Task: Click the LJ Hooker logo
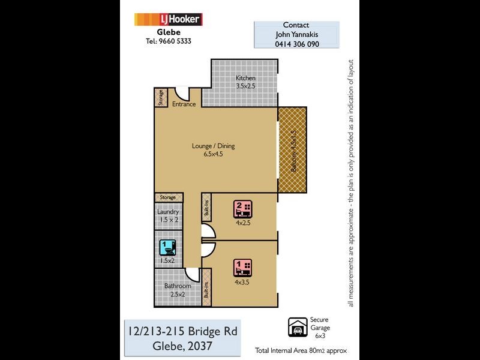[169, 19]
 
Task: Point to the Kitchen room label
[245, 79]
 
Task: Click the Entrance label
[184, 104]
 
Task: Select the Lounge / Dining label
[213, 146]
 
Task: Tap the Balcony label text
[293, 151]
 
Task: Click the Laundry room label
[168, 212]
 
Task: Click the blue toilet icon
[166, 247]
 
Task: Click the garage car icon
[296, 327]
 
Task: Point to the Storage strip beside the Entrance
[161, 98]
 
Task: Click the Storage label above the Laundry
[168, 197]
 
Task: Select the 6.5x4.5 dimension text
[213, 155]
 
